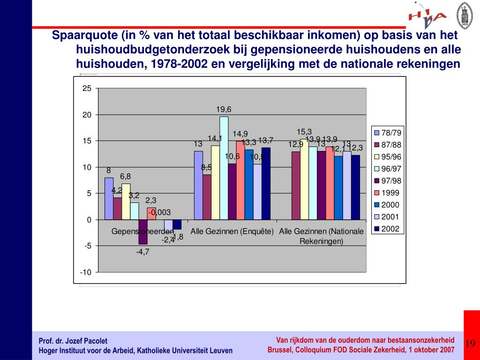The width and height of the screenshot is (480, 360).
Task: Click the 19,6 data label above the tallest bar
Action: coord(224,109)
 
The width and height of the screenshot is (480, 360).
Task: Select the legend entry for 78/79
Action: coord(387,133)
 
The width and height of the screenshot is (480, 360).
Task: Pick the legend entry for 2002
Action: coord(387,229)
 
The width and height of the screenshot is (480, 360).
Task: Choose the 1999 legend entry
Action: coord(387,193)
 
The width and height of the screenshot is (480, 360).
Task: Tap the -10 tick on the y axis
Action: coord(86,272)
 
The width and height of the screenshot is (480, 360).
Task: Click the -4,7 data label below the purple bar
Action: coord(142,252)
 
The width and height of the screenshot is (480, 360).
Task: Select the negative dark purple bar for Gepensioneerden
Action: coord(142,232)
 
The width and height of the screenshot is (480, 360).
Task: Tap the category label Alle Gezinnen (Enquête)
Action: coord(232,231)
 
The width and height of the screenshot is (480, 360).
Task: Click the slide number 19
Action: coord(470,344)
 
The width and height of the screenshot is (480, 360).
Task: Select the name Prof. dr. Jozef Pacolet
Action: coord(73,341)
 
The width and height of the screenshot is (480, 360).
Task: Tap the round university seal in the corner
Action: coord(464,14)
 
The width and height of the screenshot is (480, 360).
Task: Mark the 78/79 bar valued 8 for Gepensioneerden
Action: coord(109,198)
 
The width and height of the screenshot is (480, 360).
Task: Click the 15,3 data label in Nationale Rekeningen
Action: coord(304,132)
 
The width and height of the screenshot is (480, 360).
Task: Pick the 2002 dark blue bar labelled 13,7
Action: coord(266,183)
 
